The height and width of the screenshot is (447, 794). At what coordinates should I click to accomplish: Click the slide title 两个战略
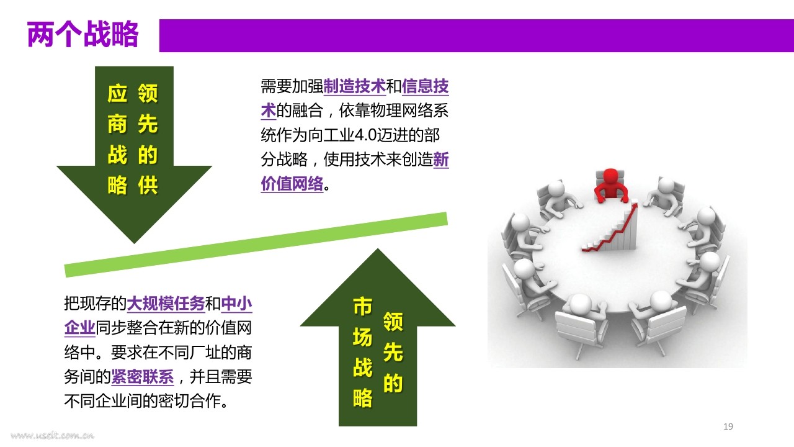(83, 34)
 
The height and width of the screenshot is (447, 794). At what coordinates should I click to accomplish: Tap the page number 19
(728, 427)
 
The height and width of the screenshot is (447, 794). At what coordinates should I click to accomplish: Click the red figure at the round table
(610, 186)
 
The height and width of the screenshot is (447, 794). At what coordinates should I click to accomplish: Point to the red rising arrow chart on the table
(610, 227)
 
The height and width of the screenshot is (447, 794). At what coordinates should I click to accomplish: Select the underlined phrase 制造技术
(354, 86)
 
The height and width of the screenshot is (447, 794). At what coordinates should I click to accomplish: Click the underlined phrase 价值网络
(292, 184)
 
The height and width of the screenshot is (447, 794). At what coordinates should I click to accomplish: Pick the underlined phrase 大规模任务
(166, 304)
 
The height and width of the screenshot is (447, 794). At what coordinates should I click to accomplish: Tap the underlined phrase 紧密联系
(143, 377)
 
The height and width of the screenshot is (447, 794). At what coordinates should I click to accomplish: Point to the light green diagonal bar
(256, 245)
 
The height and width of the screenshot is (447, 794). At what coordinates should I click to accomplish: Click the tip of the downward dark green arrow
(134, 243)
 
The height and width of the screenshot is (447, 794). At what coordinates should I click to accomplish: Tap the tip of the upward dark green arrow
(378, 249)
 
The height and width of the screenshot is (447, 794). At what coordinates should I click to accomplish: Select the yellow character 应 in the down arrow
(117, 93)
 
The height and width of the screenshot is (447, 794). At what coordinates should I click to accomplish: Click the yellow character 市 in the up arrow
(363, 307)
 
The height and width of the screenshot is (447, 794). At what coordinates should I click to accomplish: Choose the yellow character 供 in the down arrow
(148, 185)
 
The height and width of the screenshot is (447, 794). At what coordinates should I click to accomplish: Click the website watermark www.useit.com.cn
(53, 435)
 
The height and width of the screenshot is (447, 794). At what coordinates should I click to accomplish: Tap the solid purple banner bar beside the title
(476, 35)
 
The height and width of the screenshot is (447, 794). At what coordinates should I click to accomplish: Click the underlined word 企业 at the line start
(80, 328)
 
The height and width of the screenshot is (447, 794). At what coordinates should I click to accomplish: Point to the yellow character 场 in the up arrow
(363, 337)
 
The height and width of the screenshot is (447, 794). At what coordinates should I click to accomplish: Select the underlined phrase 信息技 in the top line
(425, 86)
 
